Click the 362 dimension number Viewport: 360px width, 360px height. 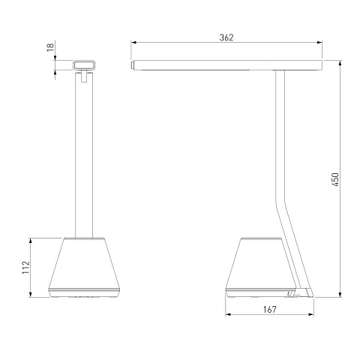pos(226,37)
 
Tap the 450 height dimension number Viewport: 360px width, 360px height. pos(335,179)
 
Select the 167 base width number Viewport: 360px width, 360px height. pos(270,310)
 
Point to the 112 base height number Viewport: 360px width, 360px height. pos(26,267)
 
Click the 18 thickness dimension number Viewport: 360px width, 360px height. pos(50,47)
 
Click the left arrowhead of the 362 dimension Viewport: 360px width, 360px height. pos(133,43)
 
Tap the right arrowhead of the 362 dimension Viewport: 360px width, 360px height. pos(319,43)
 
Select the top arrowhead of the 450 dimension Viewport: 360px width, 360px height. pos(340,63)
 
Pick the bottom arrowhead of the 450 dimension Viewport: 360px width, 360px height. pos(340,295)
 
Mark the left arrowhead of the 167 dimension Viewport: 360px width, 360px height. pos(228,314)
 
